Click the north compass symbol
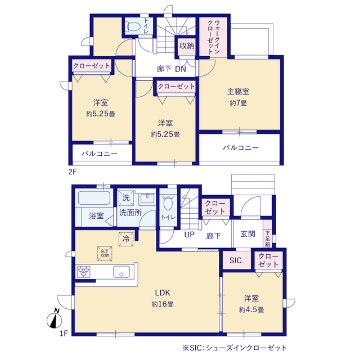[55, 318]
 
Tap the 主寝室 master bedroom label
[238, 92]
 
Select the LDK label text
[163, 292]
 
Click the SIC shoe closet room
[236, 260]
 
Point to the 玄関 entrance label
[247, 234]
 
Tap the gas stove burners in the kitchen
[83, 272]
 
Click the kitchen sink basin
[121, 272]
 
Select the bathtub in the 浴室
[94, 198]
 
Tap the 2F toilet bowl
[133, 27]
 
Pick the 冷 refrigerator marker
[126, 239]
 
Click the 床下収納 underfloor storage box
[105, 254]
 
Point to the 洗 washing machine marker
[126, 197]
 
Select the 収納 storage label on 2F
[187, 46]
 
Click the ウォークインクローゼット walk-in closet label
[214, 37]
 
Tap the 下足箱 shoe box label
[268, 238]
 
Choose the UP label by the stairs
[189, 235]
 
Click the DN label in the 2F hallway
[181, 69]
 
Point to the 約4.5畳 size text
[251, 310]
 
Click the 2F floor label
[73, 172]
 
